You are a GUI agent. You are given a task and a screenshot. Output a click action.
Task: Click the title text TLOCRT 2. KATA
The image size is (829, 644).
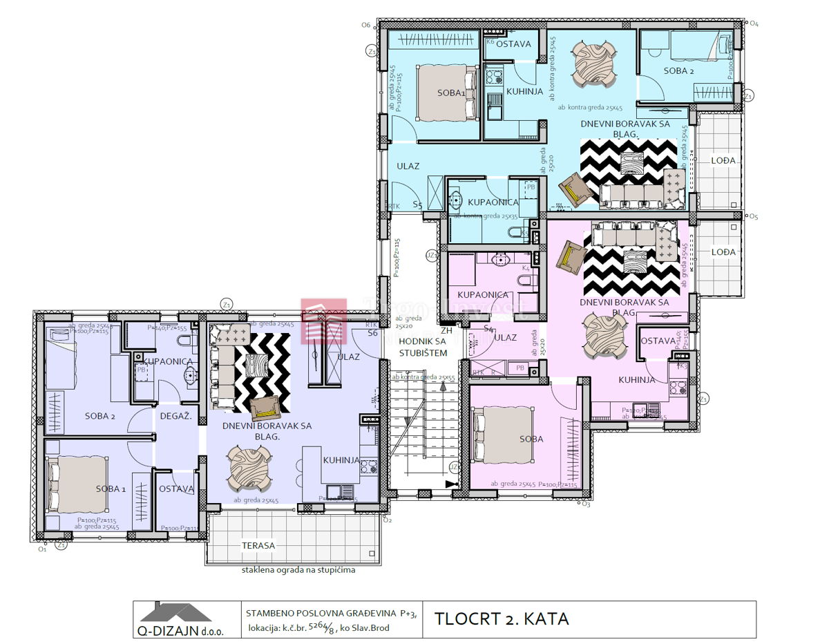tap(502, 618)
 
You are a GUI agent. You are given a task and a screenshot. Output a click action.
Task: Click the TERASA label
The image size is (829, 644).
tap(258, 545)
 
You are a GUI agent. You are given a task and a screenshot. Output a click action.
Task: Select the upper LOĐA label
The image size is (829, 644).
tap(723, 160)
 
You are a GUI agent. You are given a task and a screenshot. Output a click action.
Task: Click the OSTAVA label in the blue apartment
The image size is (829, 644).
tap(513, 44)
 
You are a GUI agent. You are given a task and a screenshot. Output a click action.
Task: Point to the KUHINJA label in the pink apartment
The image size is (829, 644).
tap(636, 379)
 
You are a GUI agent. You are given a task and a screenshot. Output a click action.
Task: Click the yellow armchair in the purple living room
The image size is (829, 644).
tap(265, 408)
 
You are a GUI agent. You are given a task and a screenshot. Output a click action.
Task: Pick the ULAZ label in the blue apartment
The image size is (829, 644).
tap(408, 166)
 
